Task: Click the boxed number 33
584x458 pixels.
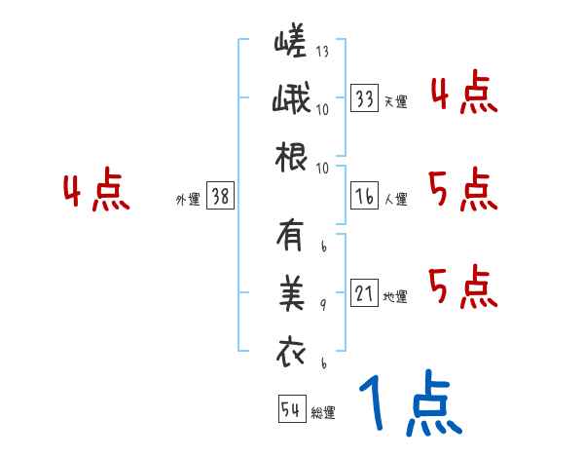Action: (x=365, y=97)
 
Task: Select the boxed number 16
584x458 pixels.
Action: (x=365, y=196)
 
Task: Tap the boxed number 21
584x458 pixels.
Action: (x=365, y=292)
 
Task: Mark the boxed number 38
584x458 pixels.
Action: (x=219, y=196)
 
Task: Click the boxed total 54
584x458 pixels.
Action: (x=291, y=409)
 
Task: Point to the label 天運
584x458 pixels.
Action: (x=395, y=101)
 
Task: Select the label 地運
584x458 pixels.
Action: (x=395, y=296)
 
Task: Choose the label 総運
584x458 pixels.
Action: (x=323, y=413)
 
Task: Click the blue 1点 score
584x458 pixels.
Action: (x=409, y=404)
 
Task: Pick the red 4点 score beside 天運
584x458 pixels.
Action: (x=463, y=95)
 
